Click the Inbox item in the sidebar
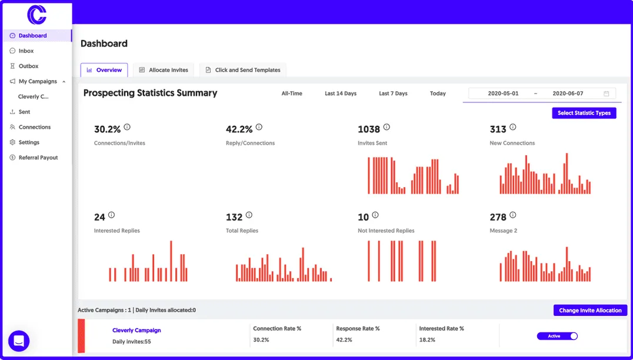coord(26,51)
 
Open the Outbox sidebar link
coord(28,66)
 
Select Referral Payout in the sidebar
coord(38,158)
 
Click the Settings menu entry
coord(29,142)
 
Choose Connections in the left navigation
coord(34,127)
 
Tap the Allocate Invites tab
coord(164,70)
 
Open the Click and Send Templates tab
coord(242,70)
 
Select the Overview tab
coord(104,70)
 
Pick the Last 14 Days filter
coord(341,94)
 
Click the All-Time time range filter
coord(292,94)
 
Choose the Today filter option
coord(438,94)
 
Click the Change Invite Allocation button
coord(590,311)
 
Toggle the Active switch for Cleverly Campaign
coord(557,336)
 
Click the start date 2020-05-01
coord(503,94)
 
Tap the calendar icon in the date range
coord(607,94)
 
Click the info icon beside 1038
coord(387,127)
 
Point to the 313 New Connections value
coord(498,129)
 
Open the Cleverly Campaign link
coord(136,331)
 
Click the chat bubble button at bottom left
coord(19,341)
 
